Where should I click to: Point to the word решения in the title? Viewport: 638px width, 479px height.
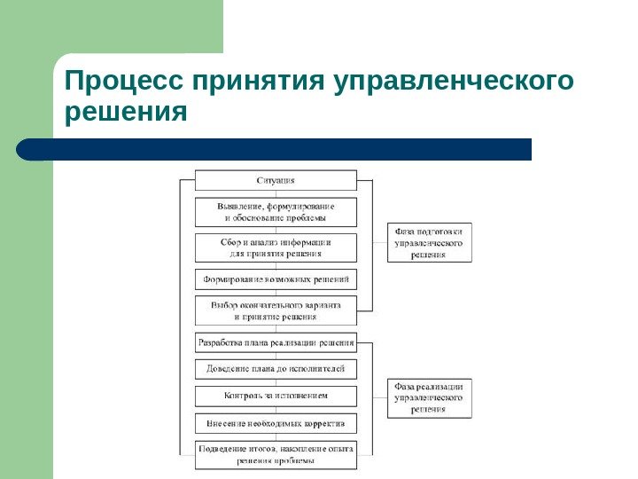click(x=127, y=113)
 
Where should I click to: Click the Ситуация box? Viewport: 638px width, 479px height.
click(x=276, y=180)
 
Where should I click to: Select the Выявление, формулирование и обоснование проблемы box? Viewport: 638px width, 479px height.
click(x=276, y=212)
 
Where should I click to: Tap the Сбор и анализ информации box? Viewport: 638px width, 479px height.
click(x=276, y=247)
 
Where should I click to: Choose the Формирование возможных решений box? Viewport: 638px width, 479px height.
click(x=276, y=279)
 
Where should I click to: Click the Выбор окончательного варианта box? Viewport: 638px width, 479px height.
click(x=276, y=310)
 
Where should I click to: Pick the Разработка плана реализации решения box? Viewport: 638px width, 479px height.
click(x=276, y=342)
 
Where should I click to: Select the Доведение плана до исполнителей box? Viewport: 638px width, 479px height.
click(x=276, y=368)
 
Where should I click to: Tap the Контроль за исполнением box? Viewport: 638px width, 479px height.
click(x=276, y=396)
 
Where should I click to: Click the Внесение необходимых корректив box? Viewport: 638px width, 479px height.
click(x=276, y=423)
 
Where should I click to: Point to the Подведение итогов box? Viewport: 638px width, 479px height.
click(x=276, y=455)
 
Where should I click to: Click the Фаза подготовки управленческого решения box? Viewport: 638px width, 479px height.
click(x=429, y=242)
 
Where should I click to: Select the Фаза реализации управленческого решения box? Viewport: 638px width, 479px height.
click(x=429, y=398)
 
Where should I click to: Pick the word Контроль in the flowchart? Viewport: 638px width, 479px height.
click(x=243, y=396)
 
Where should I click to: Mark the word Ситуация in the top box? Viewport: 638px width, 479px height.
click(x=276, y=180)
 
